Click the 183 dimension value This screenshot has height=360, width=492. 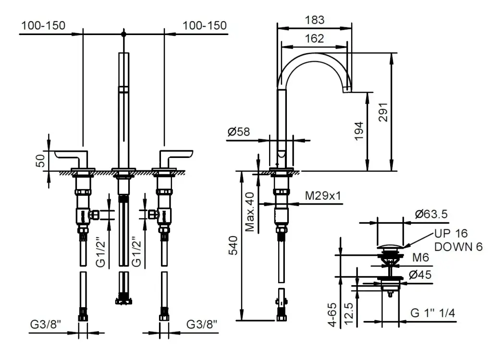point(315,20)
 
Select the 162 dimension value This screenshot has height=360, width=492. point(315,39)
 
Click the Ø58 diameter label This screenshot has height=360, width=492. point(239,132)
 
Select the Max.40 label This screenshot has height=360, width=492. point(250,212)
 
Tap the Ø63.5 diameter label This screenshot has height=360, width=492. point(431,214)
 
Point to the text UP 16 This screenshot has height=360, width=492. point(451,234)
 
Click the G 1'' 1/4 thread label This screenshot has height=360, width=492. point(433,313)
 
